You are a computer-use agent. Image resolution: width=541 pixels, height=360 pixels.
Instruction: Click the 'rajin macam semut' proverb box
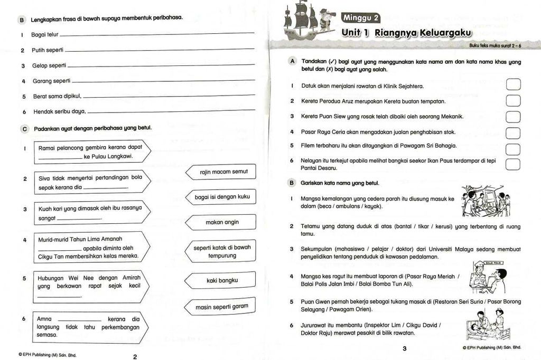[x=221, y=172]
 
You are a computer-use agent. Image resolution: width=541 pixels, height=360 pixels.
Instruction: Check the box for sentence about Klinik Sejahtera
[x=513, y=85]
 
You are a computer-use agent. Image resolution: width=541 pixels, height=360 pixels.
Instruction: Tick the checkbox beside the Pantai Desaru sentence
[x=513, y=164]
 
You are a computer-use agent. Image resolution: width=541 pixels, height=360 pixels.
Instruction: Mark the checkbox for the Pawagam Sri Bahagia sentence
[x=513, y=148]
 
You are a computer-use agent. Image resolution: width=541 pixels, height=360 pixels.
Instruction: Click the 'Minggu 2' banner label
[x=361, y=17]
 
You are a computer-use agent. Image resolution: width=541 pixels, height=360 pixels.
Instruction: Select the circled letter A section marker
[x=292, y=62]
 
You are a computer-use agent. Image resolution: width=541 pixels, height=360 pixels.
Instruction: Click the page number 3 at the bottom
[x=404, y=348]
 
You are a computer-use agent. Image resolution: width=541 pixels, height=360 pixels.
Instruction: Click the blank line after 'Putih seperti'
[x=158, y=51]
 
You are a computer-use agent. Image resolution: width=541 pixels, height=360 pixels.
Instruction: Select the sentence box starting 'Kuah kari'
[x=90, y=213]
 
